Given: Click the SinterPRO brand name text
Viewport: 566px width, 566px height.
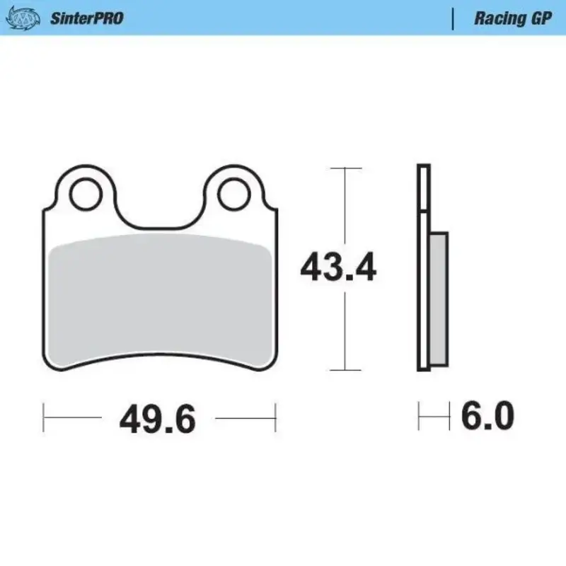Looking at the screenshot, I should coord(86,18).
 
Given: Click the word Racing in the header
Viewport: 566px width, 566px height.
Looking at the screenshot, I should coord(499,18).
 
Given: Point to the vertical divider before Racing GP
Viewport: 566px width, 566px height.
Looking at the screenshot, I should coord(453,18).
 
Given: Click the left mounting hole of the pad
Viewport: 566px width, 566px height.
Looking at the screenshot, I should coord(86,193).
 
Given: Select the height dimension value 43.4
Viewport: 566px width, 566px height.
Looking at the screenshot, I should coord(338,268).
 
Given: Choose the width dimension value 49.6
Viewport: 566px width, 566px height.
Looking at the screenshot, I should coord(157,419).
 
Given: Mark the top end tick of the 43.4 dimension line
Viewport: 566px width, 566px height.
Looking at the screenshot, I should coord(345,168).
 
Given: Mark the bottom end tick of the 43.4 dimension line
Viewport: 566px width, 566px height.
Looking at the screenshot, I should coord(345,370).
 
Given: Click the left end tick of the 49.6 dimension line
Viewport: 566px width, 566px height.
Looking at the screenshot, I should coord(45,418).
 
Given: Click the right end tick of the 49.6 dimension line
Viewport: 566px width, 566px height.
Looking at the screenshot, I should coord(275,418).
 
